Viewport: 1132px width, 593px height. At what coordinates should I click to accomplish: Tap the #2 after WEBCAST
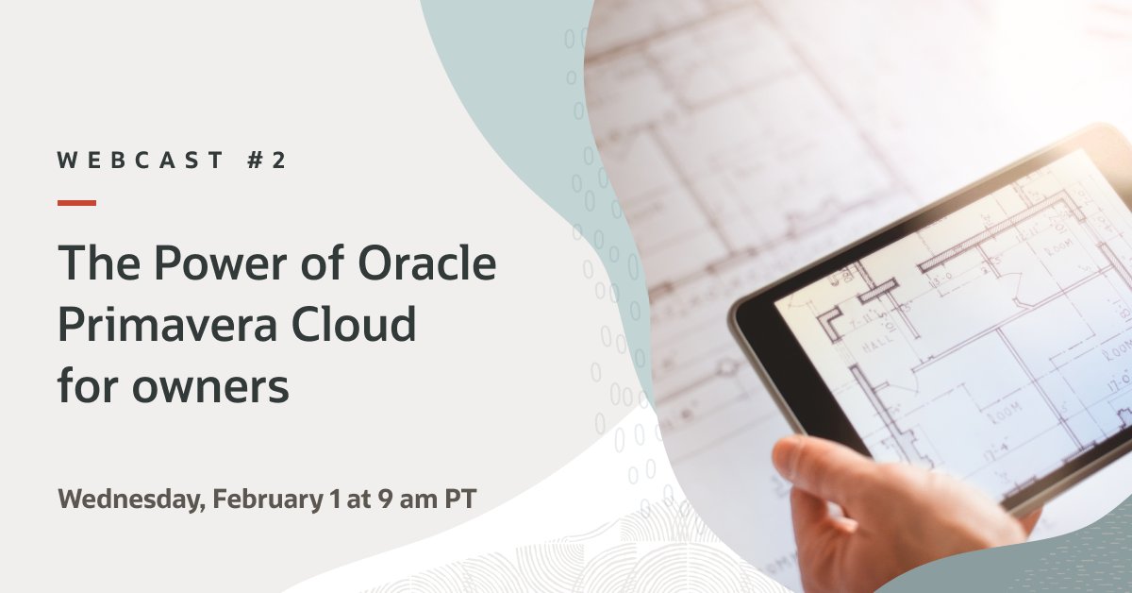[266, 161]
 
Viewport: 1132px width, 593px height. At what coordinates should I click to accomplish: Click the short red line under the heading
[76, 202]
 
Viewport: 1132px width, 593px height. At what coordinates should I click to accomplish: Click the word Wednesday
[129, 500]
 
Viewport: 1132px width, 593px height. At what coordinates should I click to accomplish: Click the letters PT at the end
[455, 500]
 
